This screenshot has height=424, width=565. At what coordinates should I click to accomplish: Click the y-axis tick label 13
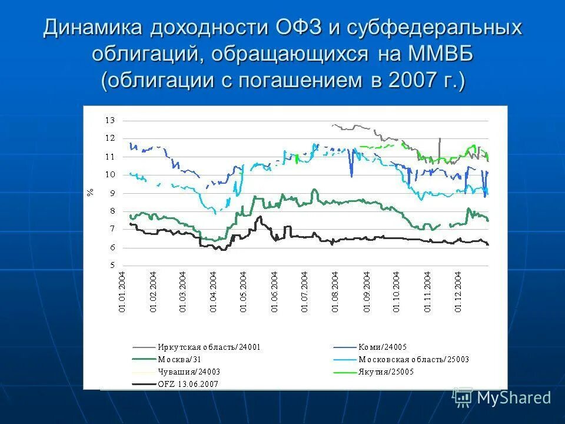point(110,120)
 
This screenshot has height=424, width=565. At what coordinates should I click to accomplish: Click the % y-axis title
point(90,193)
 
